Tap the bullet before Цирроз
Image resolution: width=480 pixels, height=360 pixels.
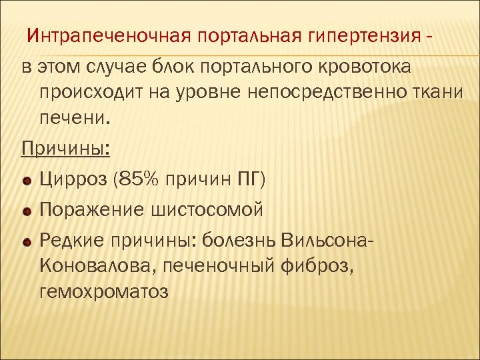click(x=27, y=180)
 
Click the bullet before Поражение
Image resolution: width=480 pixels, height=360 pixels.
click(x=27, y=211)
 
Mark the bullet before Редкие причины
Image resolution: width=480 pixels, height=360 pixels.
click(x=27, y=241)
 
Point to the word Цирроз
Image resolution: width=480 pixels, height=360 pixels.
click(x=73, y=179)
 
